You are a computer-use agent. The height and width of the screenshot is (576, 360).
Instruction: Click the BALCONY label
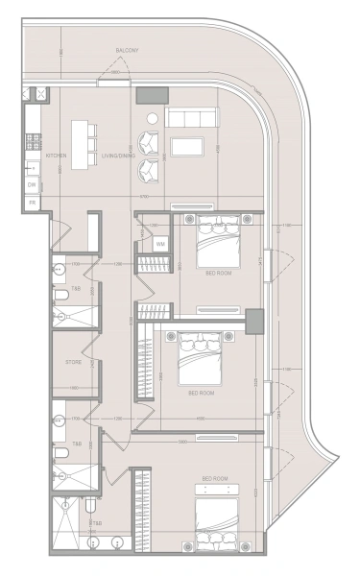(x=127, y=50)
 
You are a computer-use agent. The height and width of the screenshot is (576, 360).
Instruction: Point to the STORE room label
(x=74, y=362)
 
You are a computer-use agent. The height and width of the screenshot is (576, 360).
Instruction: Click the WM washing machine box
(x=160, y=244)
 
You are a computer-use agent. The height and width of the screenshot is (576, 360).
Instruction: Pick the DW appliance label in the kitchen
(x=32, y=183)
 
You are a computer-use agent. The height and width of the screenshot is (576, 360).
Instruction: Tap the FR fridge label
(x=32, y=203)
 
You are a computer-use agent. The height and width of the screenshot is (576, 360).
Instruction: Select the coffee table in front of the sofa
(x=186, y=147)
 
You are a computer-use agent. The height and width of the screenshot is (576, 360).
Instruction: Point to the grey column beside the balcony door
(x=151, y=95)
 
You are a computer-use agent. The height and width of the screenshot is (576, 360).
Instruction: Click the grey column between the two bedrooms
(x=254, y=322)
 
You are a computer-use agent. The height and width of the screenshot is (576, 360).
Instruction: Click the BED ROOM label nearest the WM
(x=218, y=273)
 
